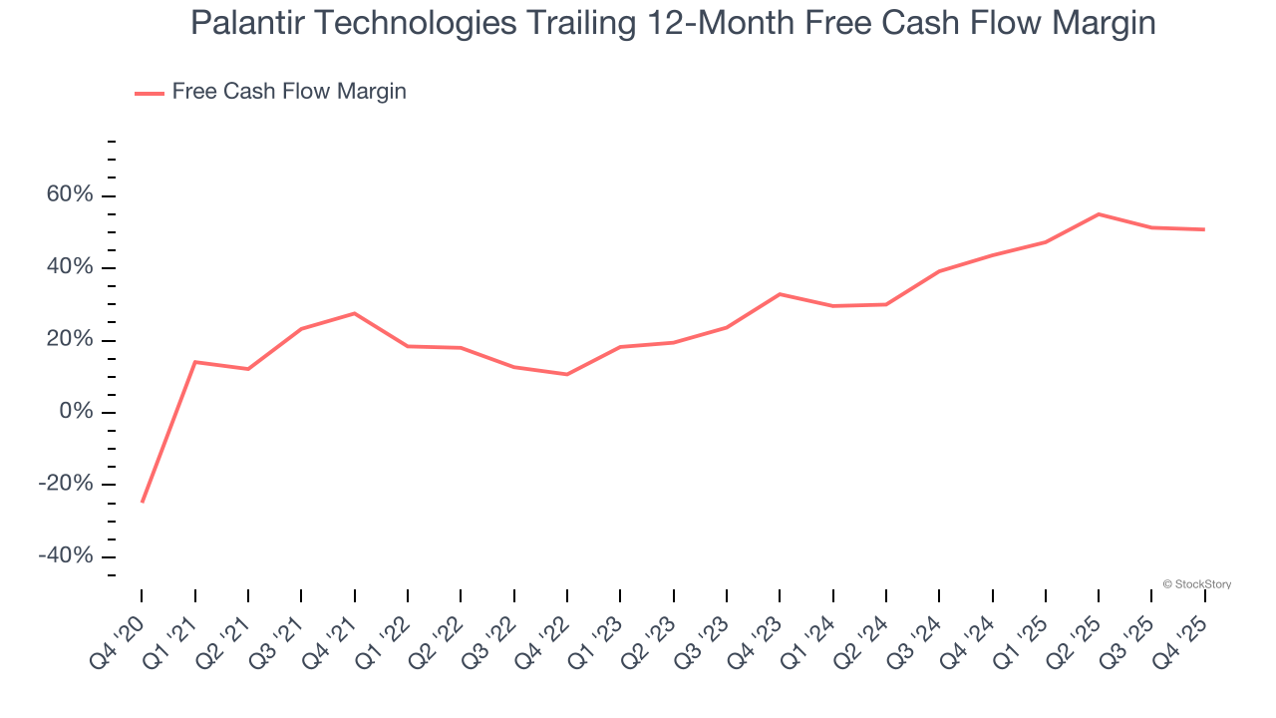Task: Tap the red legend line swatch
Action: click(149, 93)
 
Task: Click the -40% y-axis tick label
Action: click(66, 556)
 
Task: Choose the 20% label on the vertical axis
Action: click(70, 340)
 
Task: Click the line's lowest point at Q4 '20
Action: click(142, 502)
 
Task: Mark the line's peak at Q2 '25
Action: click(1099, 214)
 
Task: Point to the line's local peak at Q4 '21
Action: click(354, 313)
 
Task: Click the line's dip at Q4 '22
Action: click(567, 374)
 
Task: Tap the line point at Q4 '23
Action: click(780, 294)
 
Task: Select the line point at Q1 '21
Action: click(194, 362)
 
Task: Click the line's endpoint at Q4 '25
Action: click(1204, 229)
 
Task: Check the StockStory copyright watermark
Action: click(1196, 584)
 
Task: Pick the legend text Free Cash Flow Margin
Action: click(289, 92)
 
